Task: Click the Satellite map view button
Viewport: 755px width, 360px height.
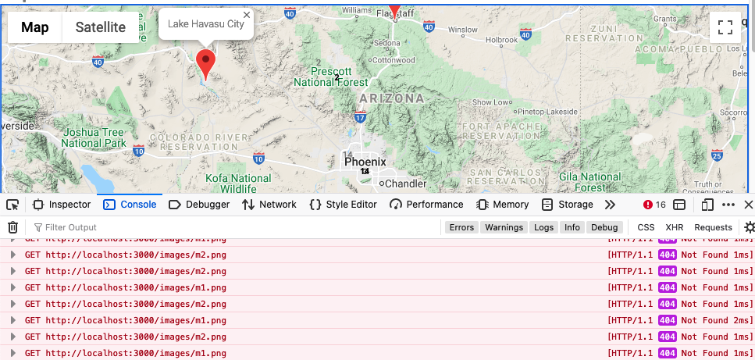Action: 100,27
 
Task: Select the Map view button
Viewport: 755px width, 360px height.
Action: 35,27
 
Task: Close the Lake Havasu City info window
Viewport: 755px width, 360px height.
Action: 247,15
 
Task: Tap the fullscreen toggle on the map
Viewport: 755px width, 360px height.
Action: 725,27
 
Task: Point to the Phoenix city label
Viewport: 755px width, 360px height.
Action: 365,162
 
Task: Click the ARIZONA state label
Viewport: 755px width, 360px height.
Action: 392,98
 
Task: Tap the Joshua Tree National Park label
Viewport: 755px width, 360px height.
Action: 93,138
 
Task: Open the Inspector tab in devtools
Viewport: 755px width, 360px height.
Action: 62,205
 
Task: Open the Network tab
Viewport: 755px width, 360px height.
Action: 269,205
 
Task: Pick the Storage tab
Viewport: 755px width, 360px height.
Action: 568,205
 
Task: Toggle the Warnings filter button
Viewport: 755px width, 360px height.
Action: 504,227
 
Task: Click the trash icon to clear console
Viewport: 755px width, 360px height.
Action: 12,227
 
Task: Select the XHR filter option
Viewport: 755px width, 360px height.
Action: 674,227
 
